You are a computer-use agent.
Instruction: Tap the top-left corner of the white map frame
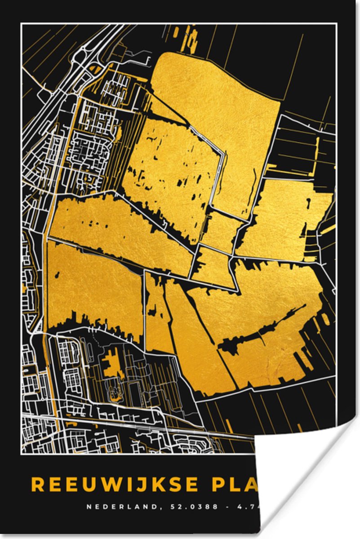click(22, 24)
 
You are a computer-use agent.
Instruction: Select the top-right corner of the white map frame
click(336, 24)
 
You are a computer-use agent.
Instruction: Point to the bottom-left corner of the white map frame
click(22, 453)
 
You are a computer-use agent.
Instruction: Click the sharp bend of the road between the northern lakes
click(223, 155)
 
